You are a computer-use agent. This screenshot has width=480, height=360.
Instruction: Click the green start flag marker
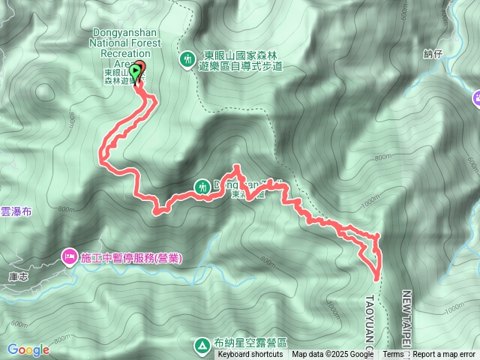[135, 72]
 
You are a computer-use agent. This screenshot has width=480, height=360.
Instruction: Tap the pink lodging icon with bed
[70, 257]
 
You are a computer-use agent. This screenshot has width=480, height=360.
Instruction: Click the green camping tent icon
[202, 345]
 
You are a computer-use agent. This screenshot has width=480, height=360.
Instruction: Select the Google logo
[28, 349]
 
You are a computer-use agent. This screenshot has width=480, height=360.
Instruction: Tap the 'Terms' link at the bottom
[392, 355]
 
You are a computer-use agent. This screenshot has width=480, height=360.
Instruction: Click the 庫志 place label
[18, 276]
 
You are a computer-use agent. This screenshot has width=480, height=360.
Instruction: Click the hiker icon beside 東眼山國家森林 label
[187, 58]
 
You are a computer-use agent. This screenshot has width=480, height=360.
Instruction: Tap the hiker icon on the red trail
[203, 186]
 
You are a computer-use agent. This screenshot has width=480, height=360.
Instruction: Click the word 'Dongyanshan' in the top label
[125, 32]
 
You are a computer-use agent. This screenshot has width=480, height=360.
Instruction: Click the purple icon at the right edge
[476, 97]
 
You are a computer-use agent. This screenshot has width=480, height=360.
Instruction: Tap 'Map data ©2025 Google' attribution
[334, 355]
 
